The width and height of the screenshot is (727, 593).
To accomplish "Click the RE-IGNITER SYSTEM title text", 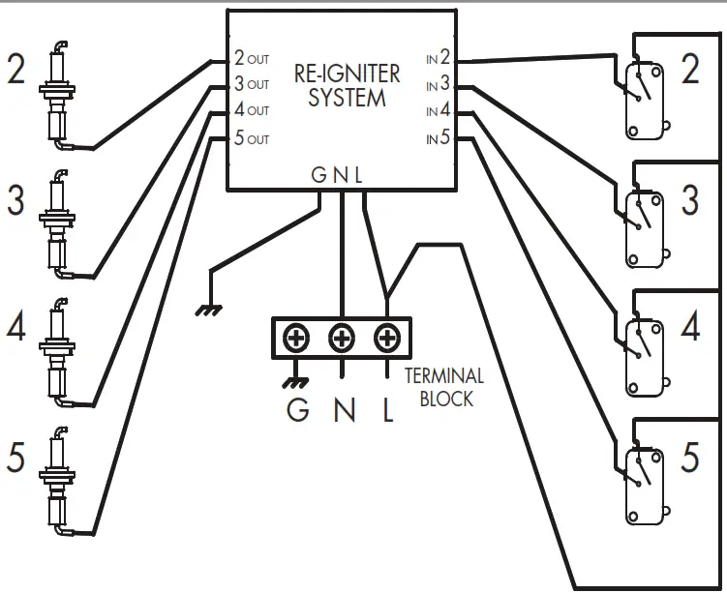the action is click(347, 86).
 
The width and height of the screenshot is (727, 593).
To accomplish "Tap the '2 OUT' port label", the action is click(252, 58).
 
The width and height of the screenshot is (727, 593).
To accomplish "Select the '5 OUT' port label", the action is click(252, 138).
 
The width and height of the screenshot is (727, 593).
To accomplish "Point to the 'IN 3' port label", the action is click(439, 83).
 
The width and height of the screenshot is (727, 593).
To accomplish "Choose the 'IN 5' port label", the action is click(439, 137).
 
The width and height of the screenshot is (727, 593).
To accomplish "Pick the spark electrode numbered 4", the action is click(57, 352).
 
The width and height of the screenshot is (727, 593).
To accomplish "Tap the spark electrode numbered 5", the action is click(57, 481).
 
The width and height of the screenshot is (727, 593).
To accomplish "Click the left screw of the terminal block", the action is click(296, 338).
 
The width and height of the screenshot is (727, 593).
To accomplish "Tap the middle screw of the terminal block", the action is click(342, 338).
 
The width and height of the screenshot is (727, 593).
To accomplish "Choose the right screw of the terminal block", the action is click(387, 338).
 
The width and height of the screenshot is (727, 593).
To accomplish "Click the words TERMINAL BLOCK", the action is click(444, 387).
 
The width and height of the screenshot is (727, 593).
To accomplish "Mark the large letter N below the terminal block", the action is click(345, 409).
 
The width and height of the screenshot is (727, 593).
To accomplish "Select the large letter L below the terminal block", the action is click(388, 409).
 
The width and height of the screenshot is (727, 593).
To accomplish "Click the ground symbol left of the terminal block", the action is click(208, 310).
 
